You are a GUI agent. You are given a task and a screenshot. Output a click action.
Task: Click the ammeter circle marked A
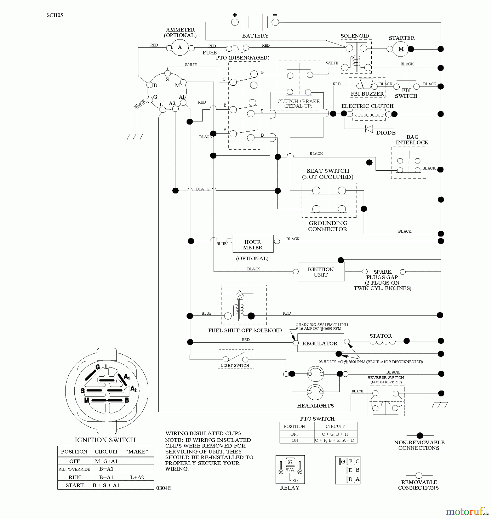pyautogui.click(x=180, y=48)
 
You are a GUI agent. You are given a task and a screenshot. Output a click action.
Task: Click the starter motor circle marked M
pyautogui.click(x=401, y=49)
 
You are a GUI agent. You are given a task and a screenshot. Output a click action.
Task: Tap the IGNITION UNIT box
pyautogui.click(x=321, y=272)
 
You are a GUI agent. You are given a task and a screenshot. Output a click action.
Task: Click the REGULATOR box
pyautogui.click(x=320, y=343)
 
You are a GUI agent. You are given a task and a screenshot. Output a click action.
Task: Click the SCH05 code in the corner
pyautogui.click(x=55, y=15)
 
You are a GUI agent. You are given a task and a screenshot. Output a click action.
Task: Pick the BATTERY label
pyautogui.click(x=255, y=36)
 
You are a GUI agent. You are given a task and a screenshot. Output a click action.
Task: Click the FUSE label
pyautogui.click(x=209, y=53)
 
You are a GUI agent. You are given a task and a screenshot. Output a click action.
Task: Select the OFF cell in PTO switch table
pyautogui.click(x=295, y=434)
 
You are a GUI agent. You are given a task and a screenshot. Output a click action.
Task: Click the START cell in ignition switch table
pyautogui.click(x=74, y=485)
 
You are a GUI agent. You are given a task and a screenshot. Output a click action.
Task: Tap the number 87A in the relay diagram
pyautogui.click(x=290, y=470)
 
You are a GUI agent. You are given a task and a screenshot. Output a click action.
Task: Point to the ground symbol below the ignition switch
pyautogui.click(x=135, y=137)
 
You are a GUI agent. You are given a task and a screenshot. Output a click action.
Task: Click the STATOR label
pyautogui.click(x=381, y=336)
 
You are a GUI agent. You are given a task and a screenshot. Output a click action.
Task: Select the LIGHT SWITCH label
pyautogui.click(x=235, y=365)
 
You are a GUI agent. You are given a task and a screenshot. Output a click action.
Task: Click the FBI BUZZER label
pyautogui.click(x=367, y=94)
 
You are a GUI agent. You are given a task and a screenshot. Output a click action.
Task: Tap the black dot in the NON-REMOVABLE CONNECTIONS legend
pyautogui.click(x=420, y=435)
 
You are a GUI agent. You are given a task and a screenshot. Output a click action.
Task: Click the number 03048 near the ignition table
pyautogui.click(x=164, y=488)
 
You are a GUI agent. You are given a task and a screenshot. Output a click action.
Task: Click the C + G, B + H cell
pyautogui.click(x=335, y=434)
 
